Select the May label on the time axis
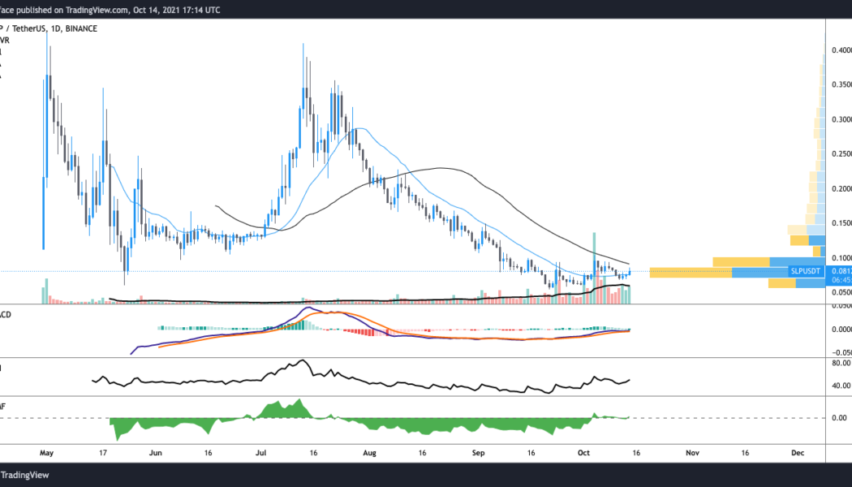(47, 454)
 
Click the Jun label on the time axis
(157, 454)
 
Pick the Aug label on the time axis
(370, 454)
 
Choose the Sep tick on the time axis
(478, 454)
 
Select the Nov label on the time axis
(691, 454)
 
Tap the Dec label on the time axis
(797, 454)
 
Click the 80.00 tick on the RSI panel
(840, 364)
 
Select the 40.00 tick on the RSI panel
(840, 386)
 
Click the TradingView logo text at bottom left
(27, 476)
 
